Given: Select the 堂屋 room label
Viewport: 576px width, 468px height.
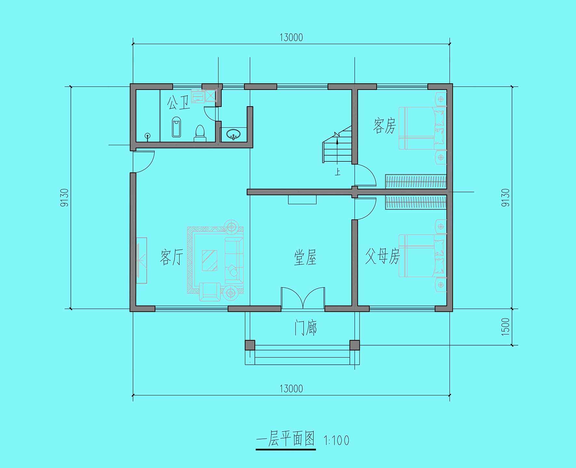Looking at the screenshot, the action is pyautogui.click(x=305, y=258).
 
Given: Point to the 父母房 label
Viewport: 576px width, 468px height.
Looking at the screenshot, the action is pyautogui.click(x=382, y=256).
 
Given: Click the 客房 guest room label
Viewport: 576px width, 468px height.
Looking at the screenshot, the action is pyautogui.click(x=385, y=126).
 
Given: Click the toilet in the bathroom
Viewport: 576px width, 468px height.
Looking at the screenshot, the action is pyautogui.click(x=200, y=133).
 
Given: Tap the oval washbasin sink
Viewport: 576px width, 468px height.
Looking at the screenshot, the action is pyautogui.click(x=233, y=134).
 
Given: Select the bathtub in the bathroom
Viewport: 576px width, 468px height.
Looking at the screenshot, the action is pyautogui.click(x=176, y=127).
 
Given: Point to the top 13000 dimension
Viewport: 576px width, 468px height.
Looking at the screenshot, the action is pyautogui.click(x=291, y=38).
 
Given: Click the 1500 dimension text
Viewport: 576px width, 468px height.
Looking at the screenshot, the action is pyautogui.click(x=506, y=327).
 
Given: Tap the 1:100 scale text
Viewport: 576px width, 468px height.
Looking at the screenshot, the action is pyautogui.click(x=336, y=440).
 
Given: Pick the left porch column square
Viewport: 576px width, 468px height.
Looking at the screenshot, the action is pyautogui.click(x=250, y=345).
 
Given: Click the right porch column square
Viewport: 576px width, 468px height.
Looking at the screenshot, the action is pyautogui.click(x=355, y=345).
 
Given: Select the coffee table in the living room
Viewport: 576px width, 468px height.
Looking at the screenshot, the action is pyautogui.click(x=210, y=260).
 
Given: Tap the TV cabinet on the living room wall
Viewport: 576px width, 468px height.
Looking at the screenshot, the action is pyautogui.click(x=141, y=260).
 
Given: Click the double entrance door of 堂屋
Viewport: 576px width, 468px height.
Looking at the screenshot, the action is pyautogui.click(x=303, y=298).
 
